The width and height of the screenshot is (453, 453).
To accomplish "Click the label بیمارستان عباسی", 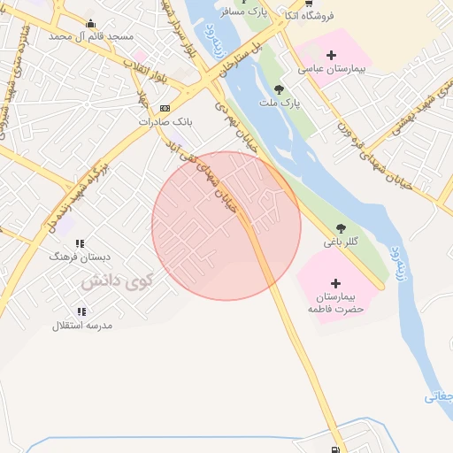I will (333, 68).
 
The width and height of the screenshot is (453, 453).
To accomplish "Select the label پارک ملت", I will (280, 103).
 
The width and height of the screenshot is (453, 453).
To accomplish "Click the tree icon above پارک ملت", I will (280, 89).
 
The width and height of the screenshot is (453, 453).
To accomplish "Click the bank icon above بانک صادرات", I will (165, 108).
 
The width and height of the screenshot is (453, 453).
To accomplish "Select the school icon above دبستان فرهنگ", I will (80, 243).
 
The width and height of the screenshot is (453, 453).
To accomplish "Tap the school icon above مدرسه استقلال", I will (81, 311).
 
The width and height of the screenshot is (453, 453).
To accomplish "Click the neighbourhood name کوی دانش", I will (118, 282).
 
